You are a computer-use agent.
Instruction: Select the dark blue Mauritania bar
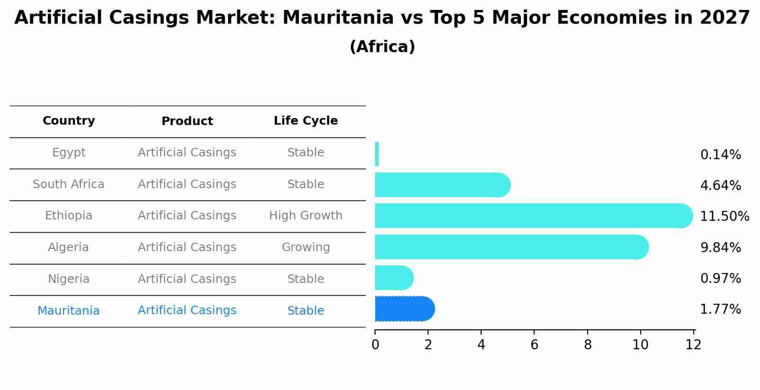click(x=403, y=309)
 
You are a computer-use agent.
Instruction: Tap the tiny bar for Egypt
click(x=377, y=154)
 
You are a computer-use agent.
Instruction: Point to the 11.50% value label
click(x=724, y=217)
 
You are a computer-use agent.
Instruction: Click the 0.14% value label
click(x=720, y=155)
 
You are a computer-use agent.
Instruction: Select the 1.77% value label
click(x=720, y=309)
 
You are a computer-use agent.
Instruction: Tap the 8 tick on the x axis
click(x=588, y=345)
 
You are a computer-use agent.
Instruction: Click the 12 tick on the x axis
click(x=693, y=345)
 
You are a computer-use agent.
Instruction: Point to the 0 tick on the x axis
click(x=376, y=345)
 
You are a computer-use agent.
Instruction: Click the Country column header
click(x=69, y=121)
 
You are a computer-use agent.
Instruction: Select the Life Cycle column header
click(x=305, y=121)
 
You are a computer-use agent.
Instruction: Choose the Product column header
click(x=187, y=121)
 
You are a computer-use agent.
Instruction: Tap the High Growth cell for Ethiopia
click(x=305, y=216)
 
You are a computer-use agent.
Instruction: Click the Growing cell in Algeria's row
click(x=305, y=247)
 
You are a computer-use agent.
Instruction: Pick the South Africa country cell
click(x=69, y=184)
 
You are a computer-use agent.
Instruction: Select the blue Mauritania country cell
click(x=69, y=311)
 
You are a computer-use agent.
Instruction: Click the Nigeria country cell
click(x=69, y=279)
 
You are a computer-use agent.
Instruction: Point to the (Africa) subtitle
click(x=382, y=47)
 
